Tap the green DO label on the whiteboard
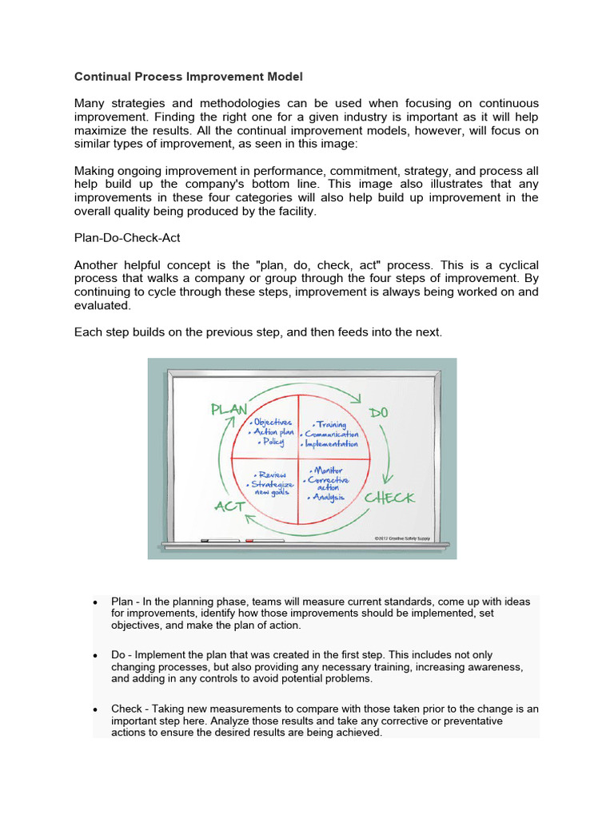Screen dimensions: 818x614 [x=378, y=412]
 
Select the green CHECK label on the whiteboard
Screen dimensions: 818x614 [x=389, y=498]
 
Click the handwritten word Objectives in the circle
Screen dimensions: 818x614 [x=272, y=421]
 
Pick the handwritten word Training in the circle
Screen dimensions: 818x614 [x=330, y=425]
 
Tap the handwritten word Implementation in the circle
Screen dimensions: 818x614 [x=330, y=444]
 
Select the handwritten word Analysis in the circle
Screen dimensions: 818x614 [x=329, y=497]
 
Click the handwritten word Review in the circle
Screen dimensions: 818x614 [x=272, y=474]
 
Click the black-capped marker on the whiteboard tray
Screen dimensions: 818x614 [x=215, y=542]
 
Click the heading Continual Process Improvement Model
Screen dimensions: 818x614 [x=189, y=77]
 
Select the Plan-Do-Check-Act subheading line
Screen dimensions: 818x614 [x=127, y=237]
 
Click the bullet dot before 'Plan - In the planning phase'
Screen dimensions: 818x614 [x=95, y=602]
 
